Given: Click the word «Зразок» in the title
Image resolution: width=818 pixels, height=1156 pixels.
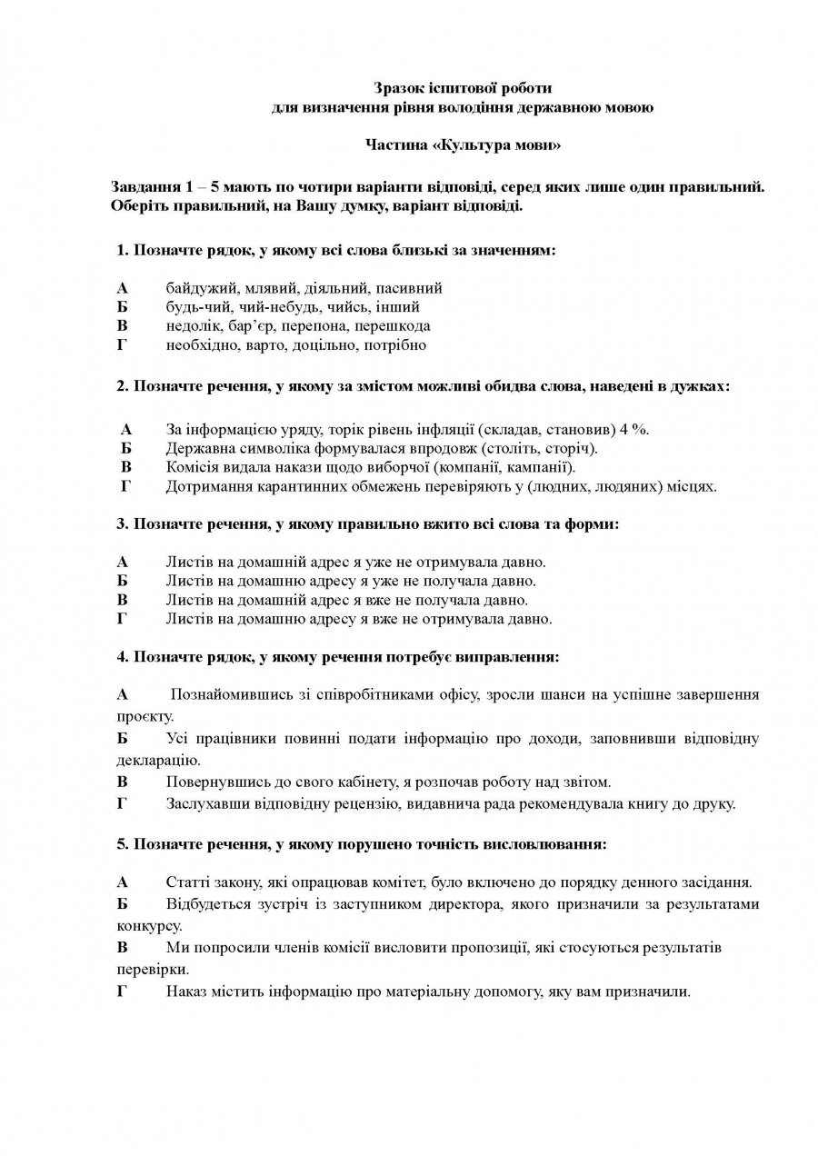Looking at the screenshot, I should tap(400, 88).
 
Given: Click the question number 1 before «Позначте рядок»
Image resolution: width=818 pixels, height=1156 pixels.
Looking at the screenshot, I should tap(121, 250).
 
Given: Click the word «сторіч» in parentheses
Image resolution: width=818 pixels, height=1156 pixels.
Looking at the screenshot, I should tap(570, 448).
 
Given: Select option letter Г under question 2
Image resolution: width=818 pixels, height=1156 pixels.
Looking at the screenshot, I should tap(125, 486).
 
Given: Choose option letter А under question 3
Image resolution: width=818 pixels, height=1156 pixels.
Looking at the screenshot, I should tap(122, 563).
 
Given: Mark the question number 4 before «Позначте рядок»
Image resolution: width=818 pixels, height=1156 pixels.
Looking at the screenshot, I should tap(121, 656).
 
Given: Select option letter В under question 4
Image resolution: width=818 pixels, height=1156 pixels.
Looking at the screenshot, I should tap(122, 782).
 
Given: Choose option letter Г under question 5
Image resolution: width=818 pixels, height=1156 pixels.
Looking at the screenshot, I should tap(122, 992).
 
